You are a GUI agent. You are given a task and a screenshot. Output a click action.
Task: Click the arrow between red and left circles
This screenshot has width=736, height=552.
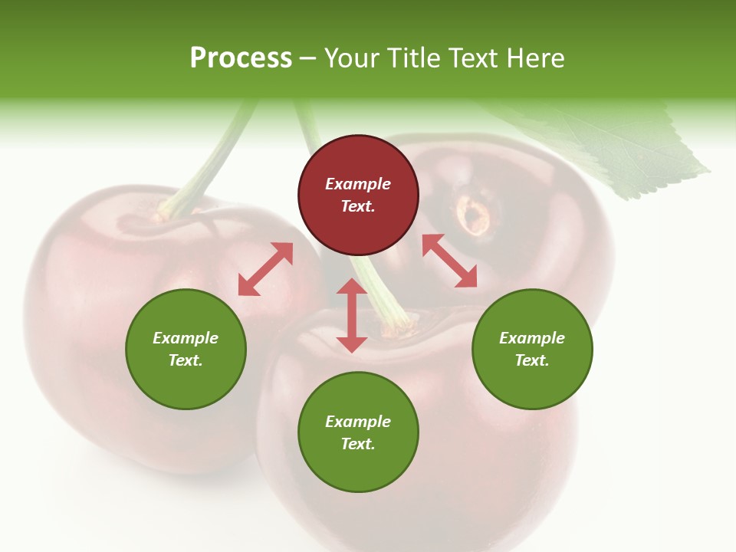click(265, 269)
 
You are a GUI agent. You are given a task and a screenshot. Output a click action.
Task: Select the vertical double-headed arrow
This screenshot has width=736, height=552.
click(352, 315)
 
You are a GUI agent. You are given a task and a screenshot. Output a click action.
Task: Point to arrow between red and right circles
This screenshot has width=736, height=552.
click(449, 261)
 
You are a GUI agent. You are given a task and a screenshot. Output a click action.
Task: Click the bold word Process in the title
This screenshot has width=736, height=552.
click(241, 58)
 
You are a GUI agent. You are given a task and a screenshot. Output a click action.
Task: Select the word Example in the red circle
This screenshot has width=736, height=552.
click(358, 184)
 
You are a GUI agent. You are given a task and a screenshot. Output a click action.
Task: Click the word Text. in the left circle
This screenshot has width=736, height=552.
click(186, 360)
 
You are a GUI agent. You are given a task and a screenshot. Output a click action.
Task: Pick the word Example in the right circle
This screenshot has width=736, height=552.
click(532, 338)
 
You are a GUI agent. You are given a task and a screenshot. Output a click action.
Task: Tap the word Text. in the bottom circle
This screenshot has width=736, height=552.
click(358, 444)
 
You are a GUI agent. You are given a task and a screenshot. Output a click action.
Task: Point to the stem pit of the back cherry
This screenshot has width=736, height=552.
click(474, 213)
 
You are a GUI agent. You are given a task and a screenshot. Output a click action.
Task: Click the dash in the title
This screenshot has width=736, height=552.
click(308, 58)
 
